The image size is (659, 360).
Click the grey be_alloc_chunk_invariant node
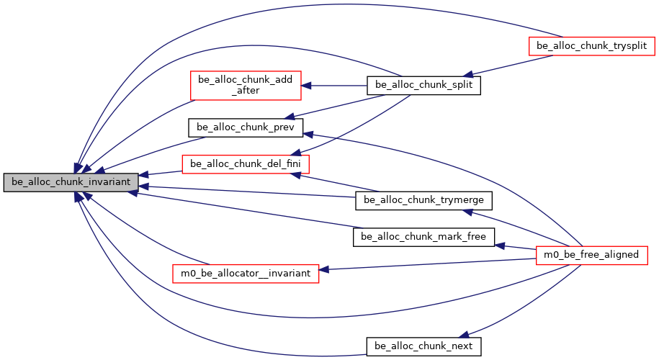[70, 182]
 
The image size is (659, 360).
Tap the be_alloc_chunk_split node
[423, 85]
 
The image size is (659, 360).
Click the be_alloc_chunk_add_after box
[245, 85]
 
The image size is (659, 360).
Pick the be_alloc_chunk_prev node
[246, 127]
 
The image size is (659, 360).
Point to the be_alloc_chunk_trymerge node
[423, 199]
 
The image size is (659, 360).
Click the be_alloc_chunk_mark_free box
[423, 236]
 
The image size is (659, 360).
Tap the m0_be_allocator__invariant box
[245, 273]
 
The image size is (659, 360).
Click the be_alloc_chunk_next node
[423, 346]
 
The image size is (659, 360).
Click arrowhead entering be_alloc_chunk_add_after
[305, 85]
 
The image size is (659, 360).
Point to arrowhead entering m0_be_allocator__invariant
[323, 271]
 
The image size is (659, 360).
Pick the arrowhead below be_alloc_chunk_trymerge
[467, 211]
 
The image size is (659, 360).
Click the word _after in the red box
[245, 91]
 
